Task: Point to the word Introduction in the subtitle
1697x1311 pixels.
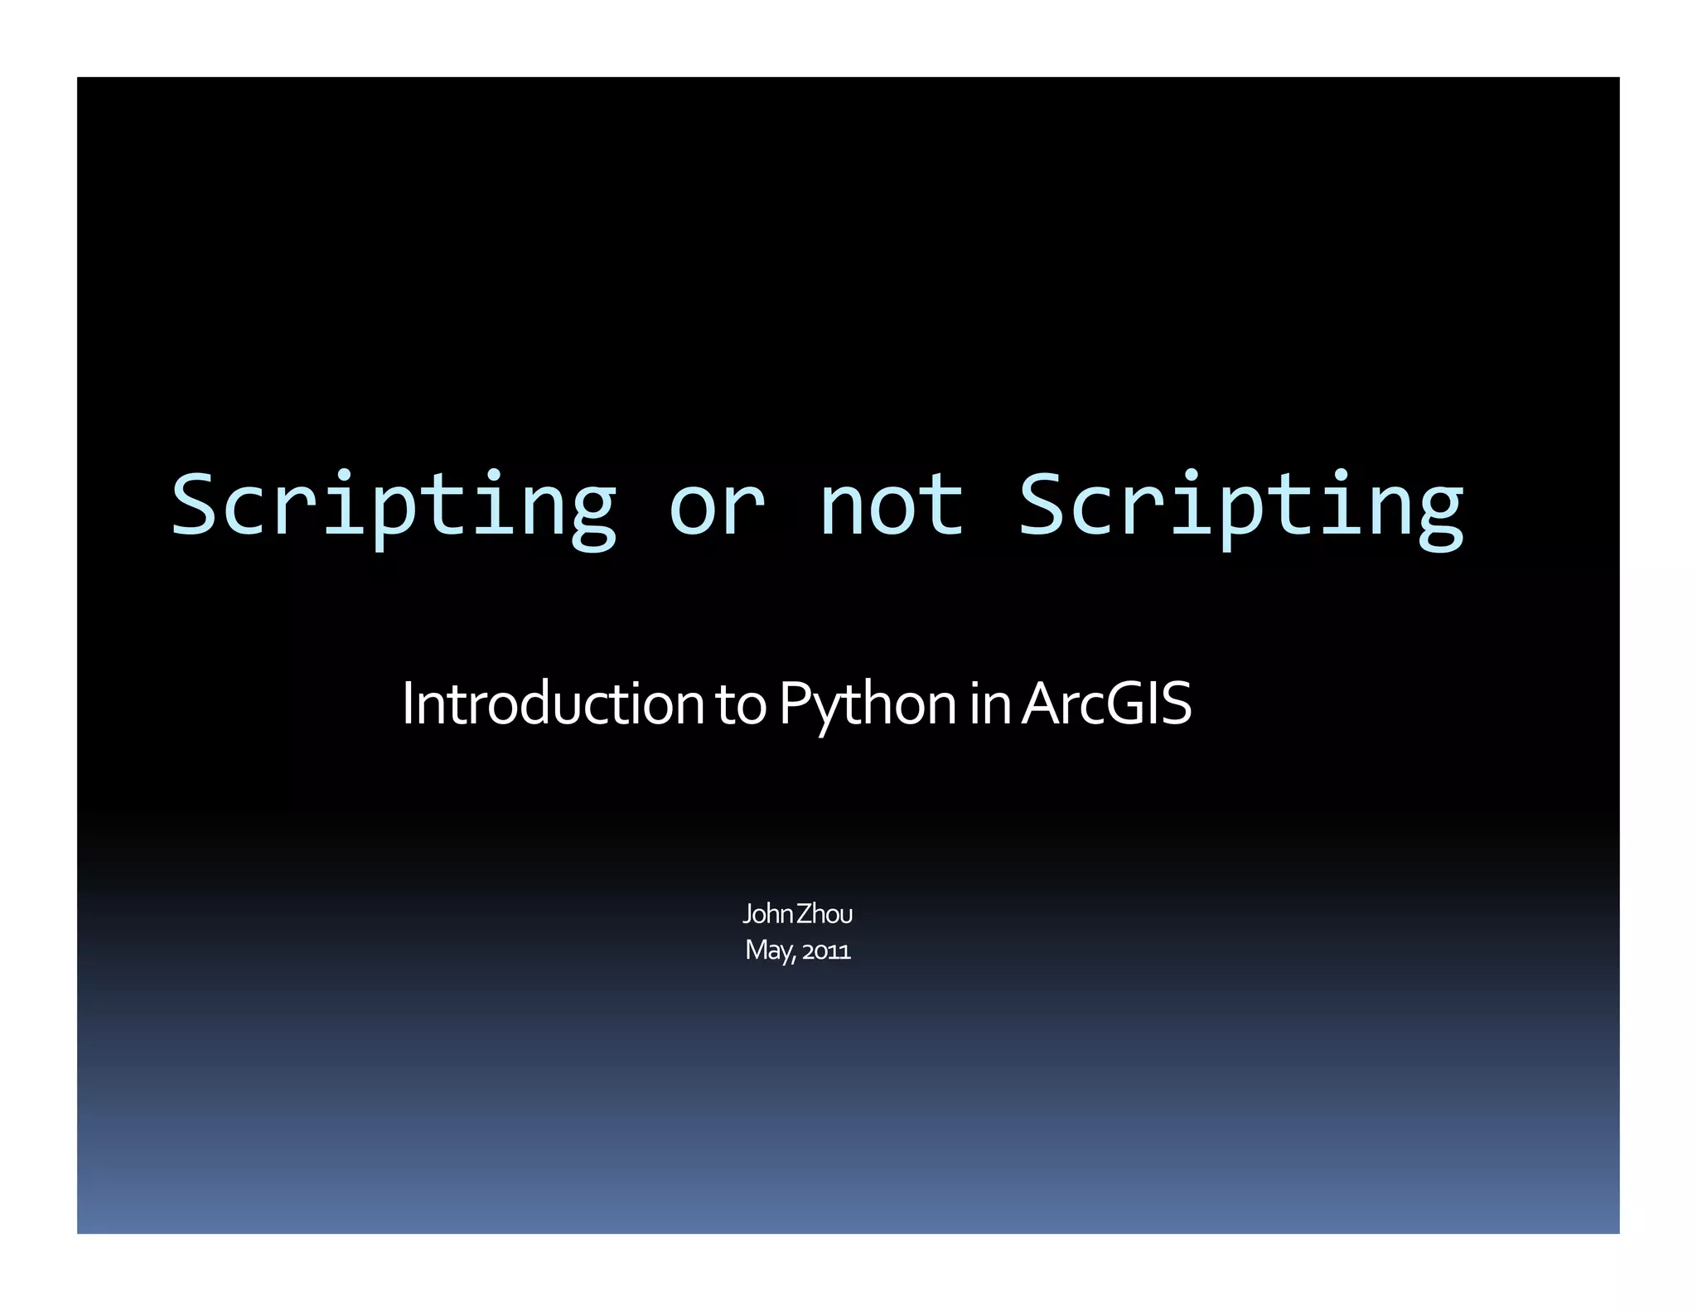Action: pos(553,704)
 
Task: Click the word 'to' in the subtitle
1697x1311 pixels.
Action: pos(741,705)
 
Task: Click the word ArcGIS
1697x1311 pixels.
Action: pos(1106,704)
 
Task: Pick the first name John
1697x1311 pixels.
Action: pos(768,914)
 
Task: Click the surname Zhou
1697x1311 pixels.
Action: pos(824,914)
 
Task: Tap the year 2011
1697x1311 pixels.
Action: pos(826,951)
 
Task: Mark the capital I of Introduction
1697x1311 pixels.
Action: pos(406,704)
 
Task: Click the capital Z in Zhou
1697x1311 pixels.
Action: pos(804,914)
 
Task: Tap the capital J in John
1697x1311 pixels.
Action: pos(747,914)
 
